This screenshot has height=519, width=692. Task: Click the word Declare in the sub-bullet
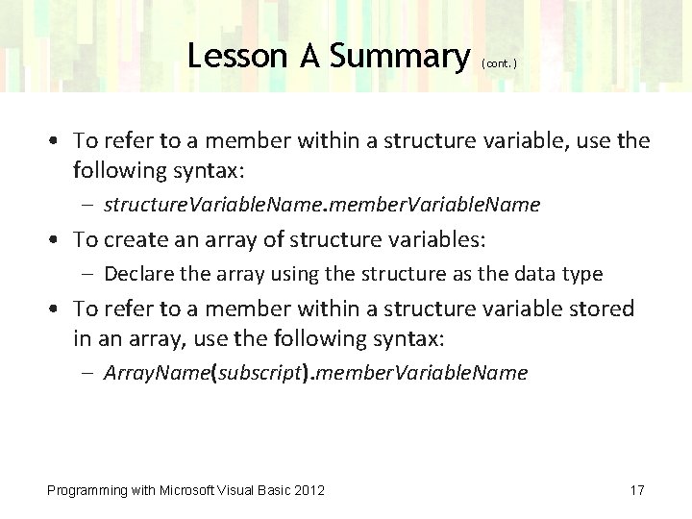pyautogui.click(x=136, y=274)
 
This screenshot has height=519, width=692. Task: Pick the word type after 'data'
pyautogui.click(x=581, y=274)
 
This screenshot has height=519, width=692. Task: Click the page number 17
pyautogui.click(x=636, y=490)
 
